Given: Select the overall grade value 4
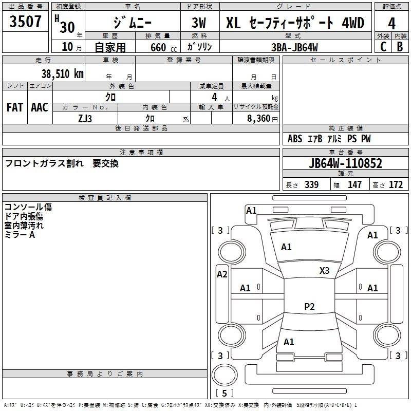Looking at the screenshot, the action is [391, 24].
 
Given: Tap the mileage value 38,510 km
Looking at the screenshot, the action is [62, 73].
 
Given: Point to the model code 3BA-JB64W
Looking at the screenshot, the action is [295, 47].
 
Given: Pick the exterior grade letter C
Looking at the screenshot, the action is [383, 47].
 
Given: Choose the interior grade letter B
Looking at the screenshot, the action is [400, 47].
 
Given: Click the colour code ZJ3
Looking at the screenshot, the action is [85, 119].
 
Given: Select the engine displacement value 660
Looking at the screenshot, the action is [158, 48].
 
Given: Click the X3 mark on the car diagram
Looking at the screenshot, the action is [324, 270].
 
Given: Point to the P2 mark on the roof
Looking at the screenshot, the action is [309, 307].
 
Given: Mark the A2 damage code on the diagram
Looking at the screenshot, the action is [222, 274].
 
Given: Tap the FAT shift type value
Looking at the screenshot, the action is [15, 107].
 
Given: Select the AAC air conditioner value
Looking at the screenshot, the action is [40, 107].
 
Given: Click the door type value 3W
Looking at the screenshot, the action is [199, 24].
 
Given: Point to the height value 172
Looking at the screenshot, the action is [396, 185].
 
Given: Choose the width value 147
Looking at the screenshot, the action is [355, 185].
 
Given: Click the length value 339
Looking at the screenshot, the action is [311, 185].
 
